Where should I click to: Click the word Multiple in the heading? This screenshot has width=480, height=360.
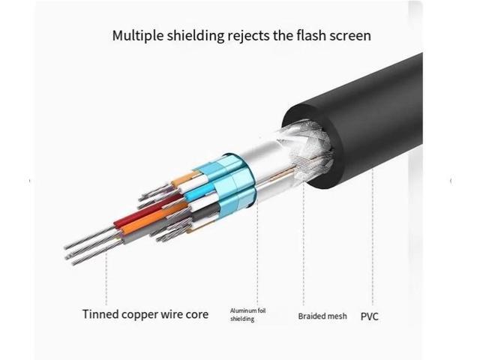[136, 35]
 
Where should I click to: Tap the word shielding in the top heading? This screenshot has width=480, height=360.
[197, 35]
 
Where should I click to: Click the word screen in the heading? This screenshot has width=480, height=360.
[352, 35]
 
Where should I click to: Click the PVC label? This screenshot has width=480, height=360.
[370, 316]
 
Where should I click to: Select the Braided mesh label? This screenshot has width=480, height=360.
[322, 316]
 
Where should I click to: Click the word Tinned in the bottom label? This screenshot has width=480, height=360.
[102, 313]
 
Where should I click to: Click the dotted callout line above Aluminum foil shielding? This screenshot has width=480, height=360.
[257, 255]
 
